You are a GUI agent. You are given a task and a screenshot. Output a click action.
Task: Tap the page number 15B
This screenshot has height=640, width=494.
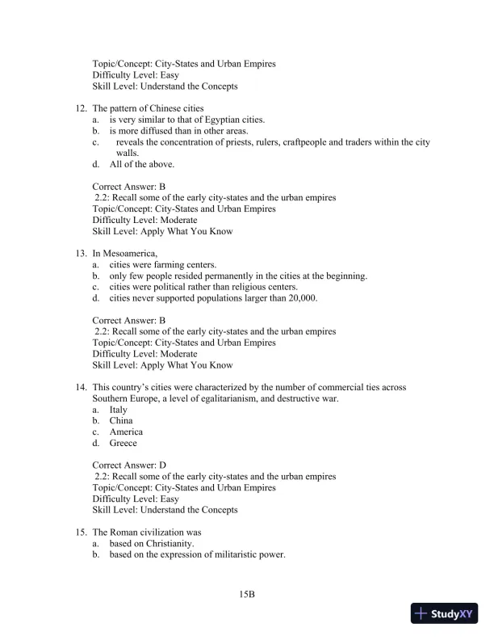point(247,594)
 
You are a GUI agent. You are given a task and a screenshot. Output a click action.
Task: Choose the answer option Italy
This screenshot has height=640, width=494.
point(119,410)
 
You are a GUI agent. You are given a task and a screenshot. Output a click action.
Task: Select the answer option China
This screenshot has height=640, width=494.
point(121,421)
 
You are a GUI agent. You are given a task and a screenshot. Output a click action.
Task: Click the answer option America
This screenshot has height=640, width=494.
point(126,432)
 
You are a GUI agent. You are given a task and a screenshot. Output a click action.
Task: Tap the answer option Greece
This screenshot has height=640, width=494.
point(123,443)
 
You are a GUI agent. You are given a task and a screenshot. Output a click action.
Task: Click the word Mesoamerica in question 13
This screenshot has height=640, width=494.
point(129,254)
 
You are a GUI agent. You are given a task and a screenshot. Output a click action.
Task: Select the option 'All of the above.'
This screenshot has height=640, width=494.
point(142,164)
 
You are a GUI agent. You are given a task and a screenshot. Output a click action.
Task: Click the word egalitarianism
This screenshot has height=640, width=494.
point(224,398)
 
